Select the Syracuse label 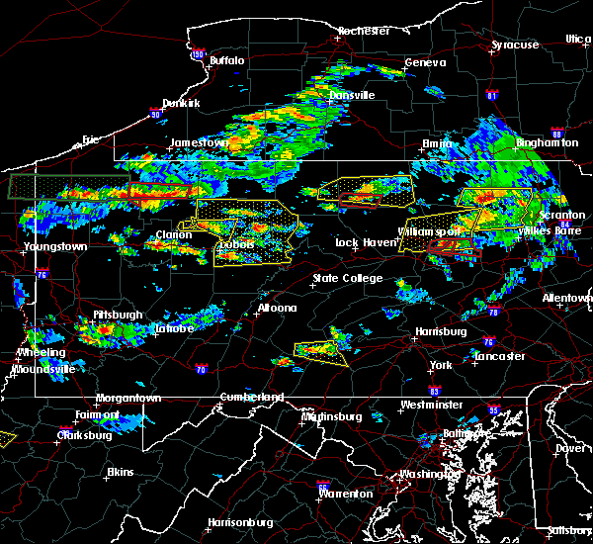(516, 45)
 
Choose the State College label (347, 278)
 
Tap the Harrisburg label (441, 331)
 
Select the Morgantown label (127, 398)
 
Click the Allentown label (567, 298)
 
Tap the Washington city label (426, 474)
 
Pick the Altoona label (277, 308)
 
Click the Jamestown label (199, 142)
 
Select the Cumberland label (251, 397)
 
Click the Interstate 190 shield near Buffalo (198, 54)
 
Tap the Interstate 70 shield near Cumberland (201, 370)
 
